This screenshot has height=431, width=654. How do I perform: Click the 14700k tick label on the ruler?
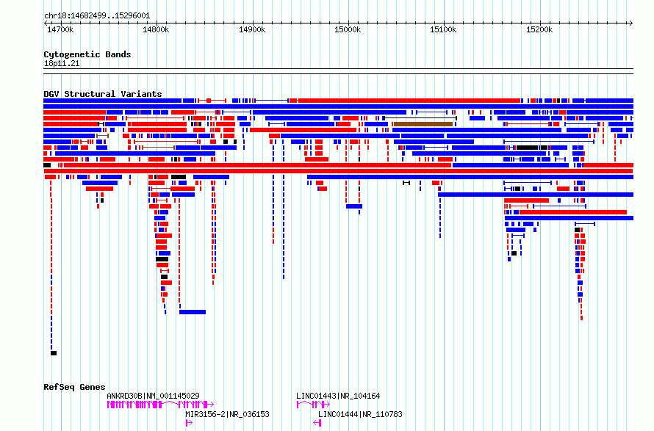pos(60,29)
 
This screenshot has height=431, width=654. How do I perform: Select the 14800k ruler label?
pos(156,29)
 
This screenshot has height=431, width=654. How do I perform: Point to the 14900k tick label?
pos(252,29)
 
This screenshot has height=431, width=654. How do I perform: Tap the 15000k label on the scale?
pos(348,29)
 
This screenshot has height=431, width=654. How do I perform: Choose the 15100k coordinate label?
pos(443,29)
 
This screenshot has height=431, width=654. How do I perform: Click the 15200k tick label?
pos(539,29)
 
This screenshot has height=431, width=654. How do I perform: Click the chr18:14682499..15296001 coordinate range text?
pos(97,16)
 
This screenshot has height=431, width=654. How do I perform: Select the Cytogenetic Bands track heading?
pos(87,54)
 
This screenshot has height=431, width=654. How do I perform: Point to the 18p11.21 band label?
pos(62,63)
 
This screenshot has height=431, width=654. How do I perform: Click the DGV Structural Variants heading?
pos(103,94)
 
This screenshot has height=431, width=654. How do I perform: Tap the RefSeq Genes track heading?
pos(74,387)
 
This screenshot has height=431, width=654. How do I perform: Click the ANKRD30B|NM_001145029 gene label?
pos(153,396)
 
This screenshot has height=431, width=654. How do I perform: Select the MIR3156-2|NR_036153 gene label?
pos(227,414)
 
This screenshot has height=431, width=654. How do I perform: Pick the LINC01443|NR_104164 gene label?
pos(338,396)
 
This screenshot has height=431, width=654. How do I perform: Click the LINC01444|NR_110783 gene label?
pos(360,414)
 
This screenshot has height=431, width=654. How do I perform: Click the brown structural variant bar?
pos(423,124)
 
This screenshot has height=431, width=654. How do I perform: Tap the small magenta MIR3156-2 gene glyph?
pos(189,423)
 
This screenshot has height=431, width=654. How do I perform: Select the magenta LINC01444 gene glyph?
pos(317,423)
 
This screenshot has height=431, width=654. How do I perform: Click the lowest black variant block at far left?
pos(54,353)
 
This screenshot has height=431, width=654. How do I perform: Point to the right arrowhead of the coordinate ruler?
pos(631,23)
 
